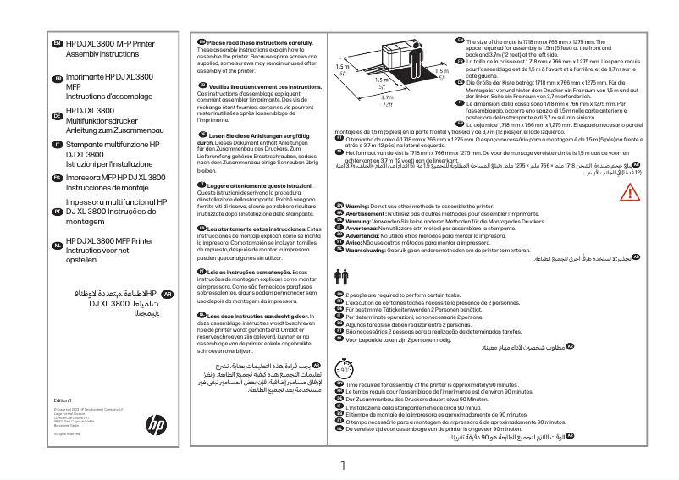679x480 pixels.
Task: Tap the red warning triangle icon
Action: [x=627, y=192]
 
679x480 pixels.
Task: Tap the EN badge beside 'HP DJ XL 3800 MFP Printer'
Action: [x=56, y=42]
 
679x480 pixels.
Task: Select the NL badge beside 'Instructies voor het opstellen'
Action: [x=56, y=246]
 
